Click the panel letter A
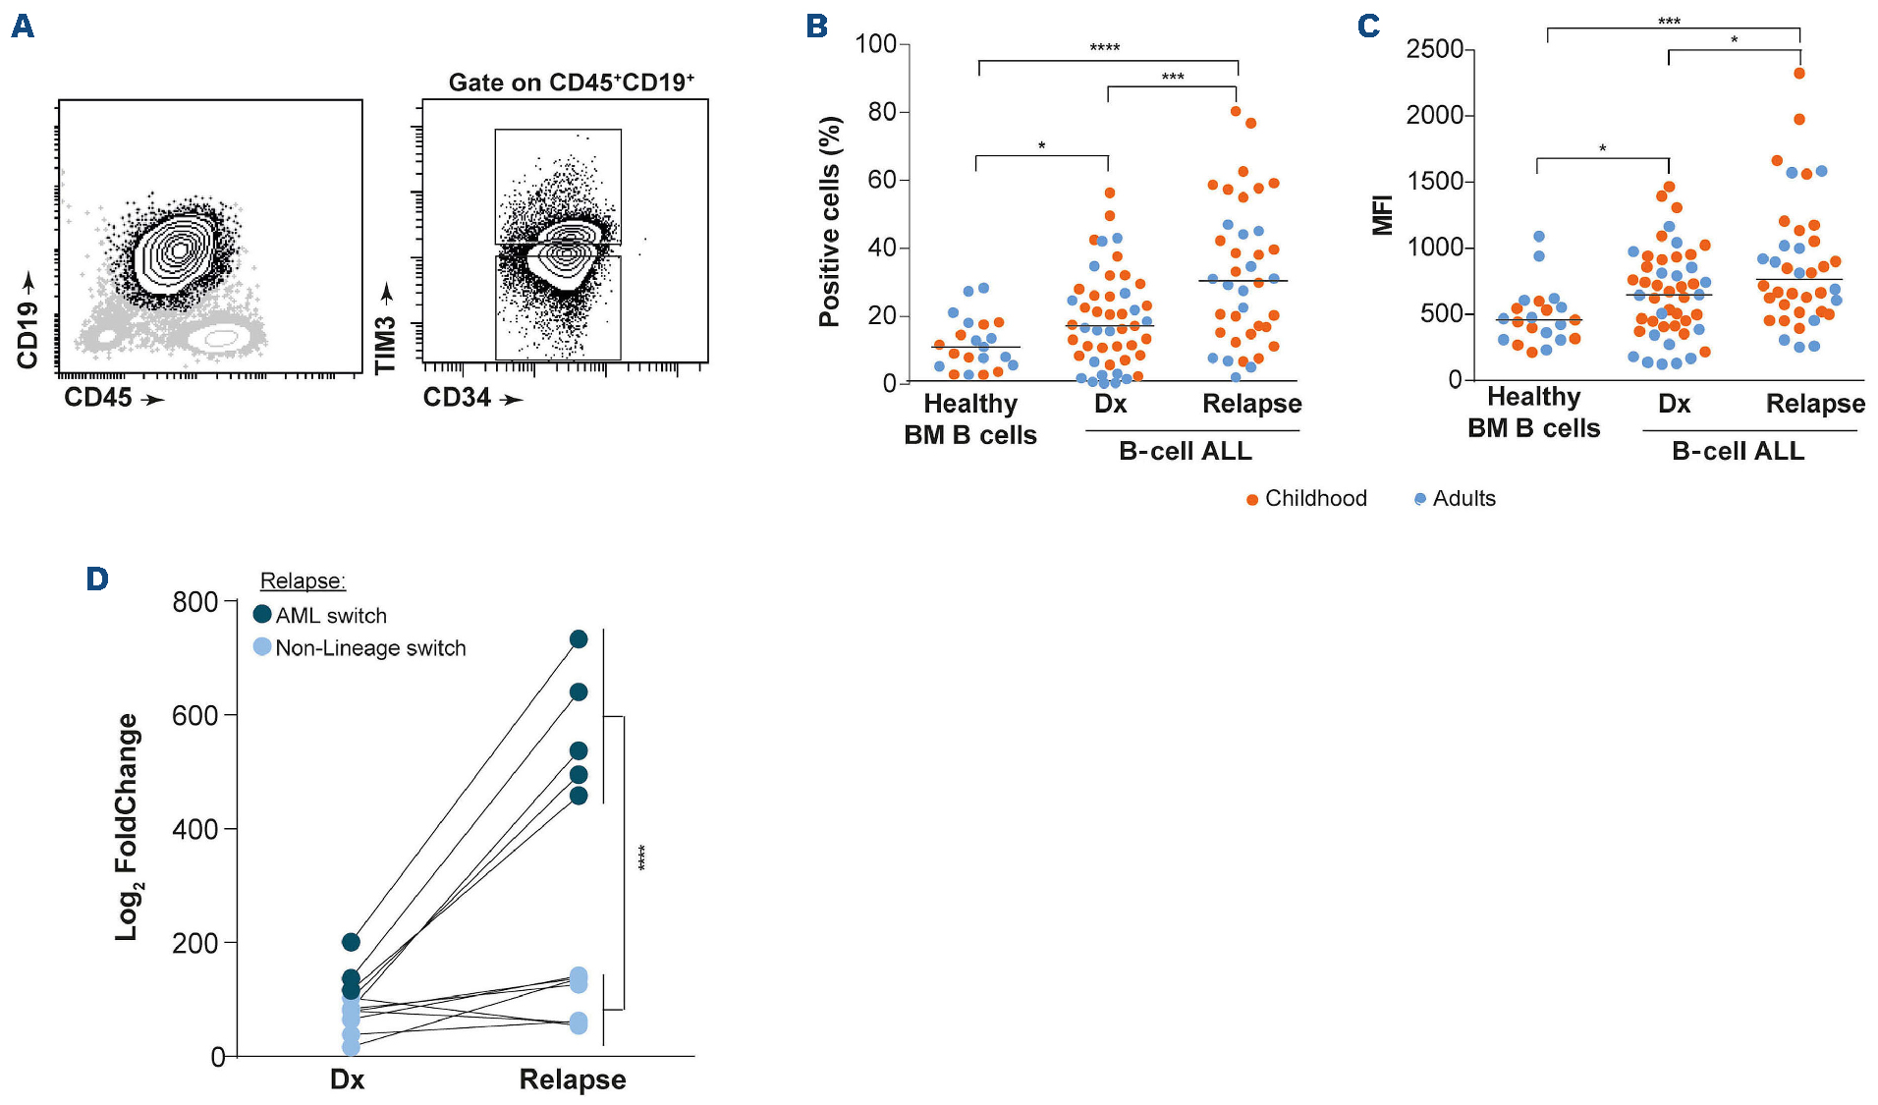coord(23,26)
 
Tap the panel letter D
coord(96,579)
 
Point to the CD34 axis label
coord(457,398)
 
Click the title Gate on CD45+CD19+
coord(571,83)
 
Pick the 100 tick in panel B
coord(875,44)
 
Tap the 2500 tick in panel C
coord(1434,49)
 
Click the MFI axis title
coord(1383,215)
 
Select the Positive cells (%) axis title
coord(830,221)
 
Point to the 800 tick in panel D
coord(194,602)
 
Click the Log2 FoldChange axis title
coord(127,827)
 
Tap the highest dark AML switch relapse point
coord(579,639)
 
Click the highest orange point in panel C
coord(1799,73)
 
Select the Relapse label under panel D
coord(572,1079)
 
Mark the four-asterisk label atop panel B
coord(1104,48)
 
